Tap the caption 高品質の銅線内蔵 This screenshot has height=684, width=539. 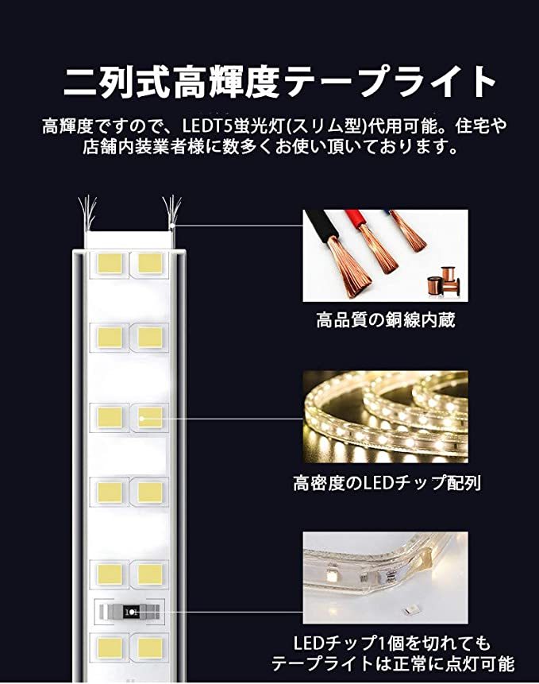[385, 322]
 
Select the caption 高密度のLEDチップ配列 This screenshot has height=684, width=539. [385, 482]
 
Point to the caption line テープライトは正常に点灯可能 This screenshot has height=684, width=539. [392, 664]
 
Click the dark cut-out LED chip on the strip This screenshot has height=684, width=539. [130, 612]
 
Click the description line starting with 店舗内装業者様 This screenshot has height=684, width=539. [270, 147]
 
